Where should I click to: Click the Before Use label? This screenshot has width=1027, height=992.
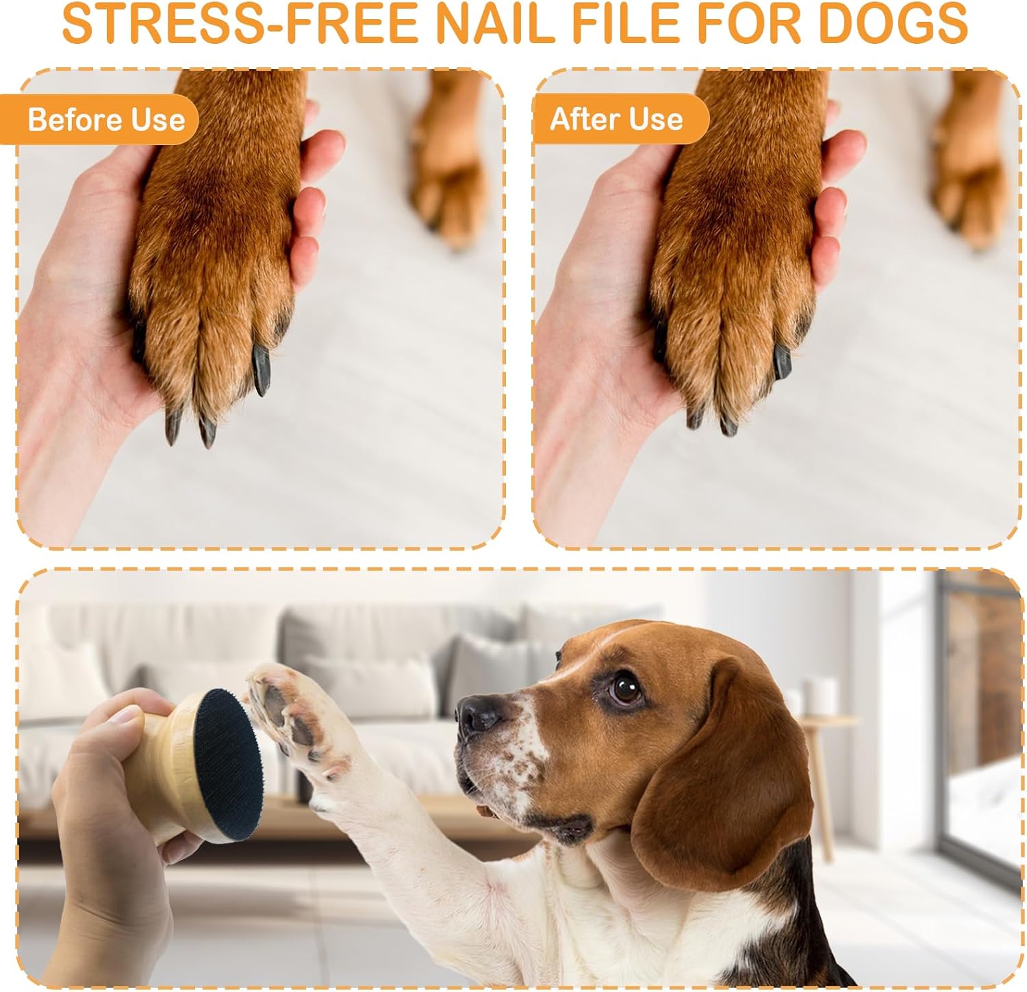[x=106, y=120]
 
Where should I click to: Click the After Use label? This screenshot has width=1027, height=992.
[x=617, y=119]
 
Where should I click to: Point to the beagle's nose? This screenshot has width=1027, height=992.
[x=479, y=714]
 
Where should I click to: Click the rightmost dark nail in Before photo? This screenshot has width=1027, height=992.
[x=262, y=370]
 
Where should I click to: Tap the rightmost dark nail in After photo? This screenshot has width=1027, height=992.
[x=782, y=361]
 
